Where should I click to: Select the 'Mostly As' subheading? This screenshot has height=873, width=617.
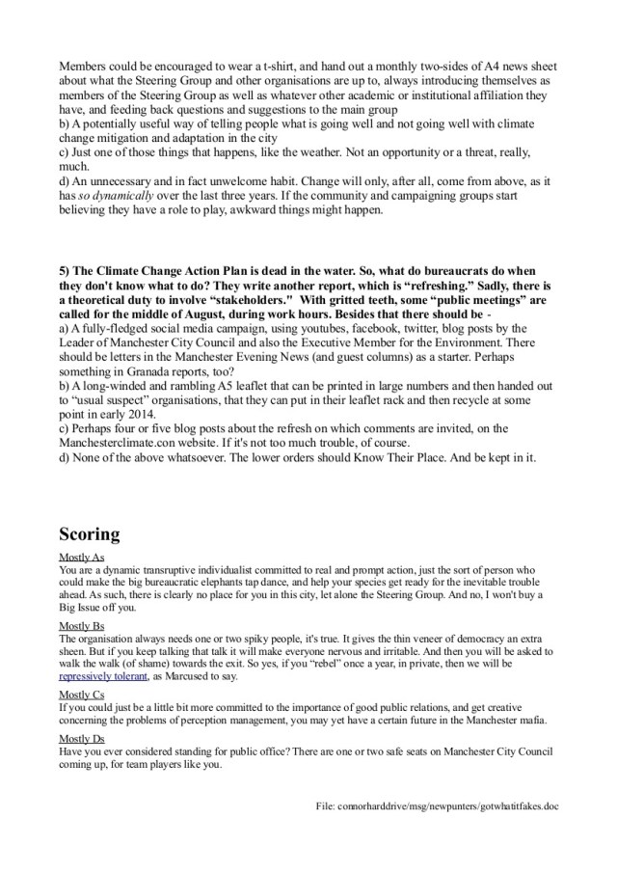tap(82, 559)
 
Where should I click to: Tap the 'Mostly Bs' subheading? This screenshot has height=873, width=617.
tap(82, 626)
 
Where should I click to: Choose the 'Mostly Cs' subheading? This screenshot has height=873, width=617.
tap(82, 694)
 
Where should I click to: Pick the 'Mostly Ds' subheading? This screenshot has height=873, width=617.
tap(82, 738)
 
